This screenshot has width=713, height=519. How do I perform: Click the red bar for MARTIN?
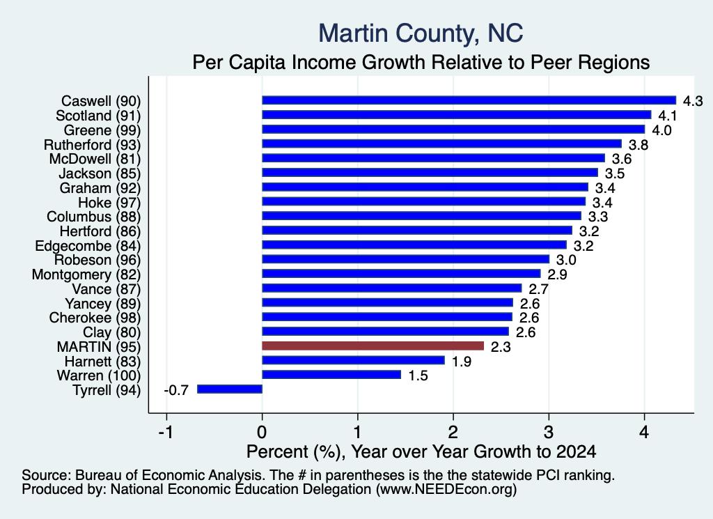(x=373, y=346)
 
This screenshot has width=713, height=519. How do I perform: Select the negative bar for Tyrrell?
(x=230, y=389)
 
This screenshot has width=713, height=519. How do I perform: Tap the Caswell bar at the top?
(x=469, y=100)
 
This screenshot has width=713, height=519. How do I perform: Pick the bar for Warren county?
(x=331, y=375)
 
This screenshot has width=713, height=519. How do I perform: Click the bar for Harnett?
(x=353, y=360)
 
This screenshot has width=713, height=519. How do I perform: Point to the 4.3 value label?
(x=693, y=101)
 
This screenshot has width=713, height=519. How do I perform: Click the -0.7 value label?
(x=176, y=390)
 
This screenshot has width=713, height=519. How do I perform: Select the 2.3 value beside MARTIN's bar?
(x=501, y=347)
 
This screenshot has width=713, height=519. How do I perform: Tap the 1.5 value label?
(x=418, y=375)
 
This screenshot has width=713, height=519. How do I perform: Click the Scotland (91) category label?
(x=98, y=116)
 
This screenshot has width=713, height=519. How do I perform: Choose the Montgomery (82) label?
(x=86, y=274)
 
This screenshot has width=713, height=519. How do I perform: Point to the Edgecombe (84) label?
(x=88, y=246)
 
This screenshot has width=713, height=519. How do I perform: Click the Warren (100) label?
(x=99, y=375)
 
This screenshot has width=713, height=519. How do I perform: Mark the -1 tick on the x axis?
(x=166, y=432)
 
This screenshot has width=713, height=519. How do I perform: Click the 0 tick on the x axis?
(x=263, y=432)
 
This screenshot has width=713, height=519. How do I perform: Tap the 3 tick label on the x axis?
(x=549, y=432)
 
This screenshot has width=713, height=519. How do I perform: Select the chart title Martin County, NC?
(x=421, y=33)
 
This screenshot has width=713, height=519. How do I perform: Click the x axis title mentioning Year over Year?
(x=421, y=451)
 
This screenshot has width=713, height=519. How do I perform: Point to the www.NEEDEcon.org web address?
(x=446, y=490)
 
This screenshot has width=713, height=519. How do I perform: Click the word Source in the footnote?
(x=47, y=475)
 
